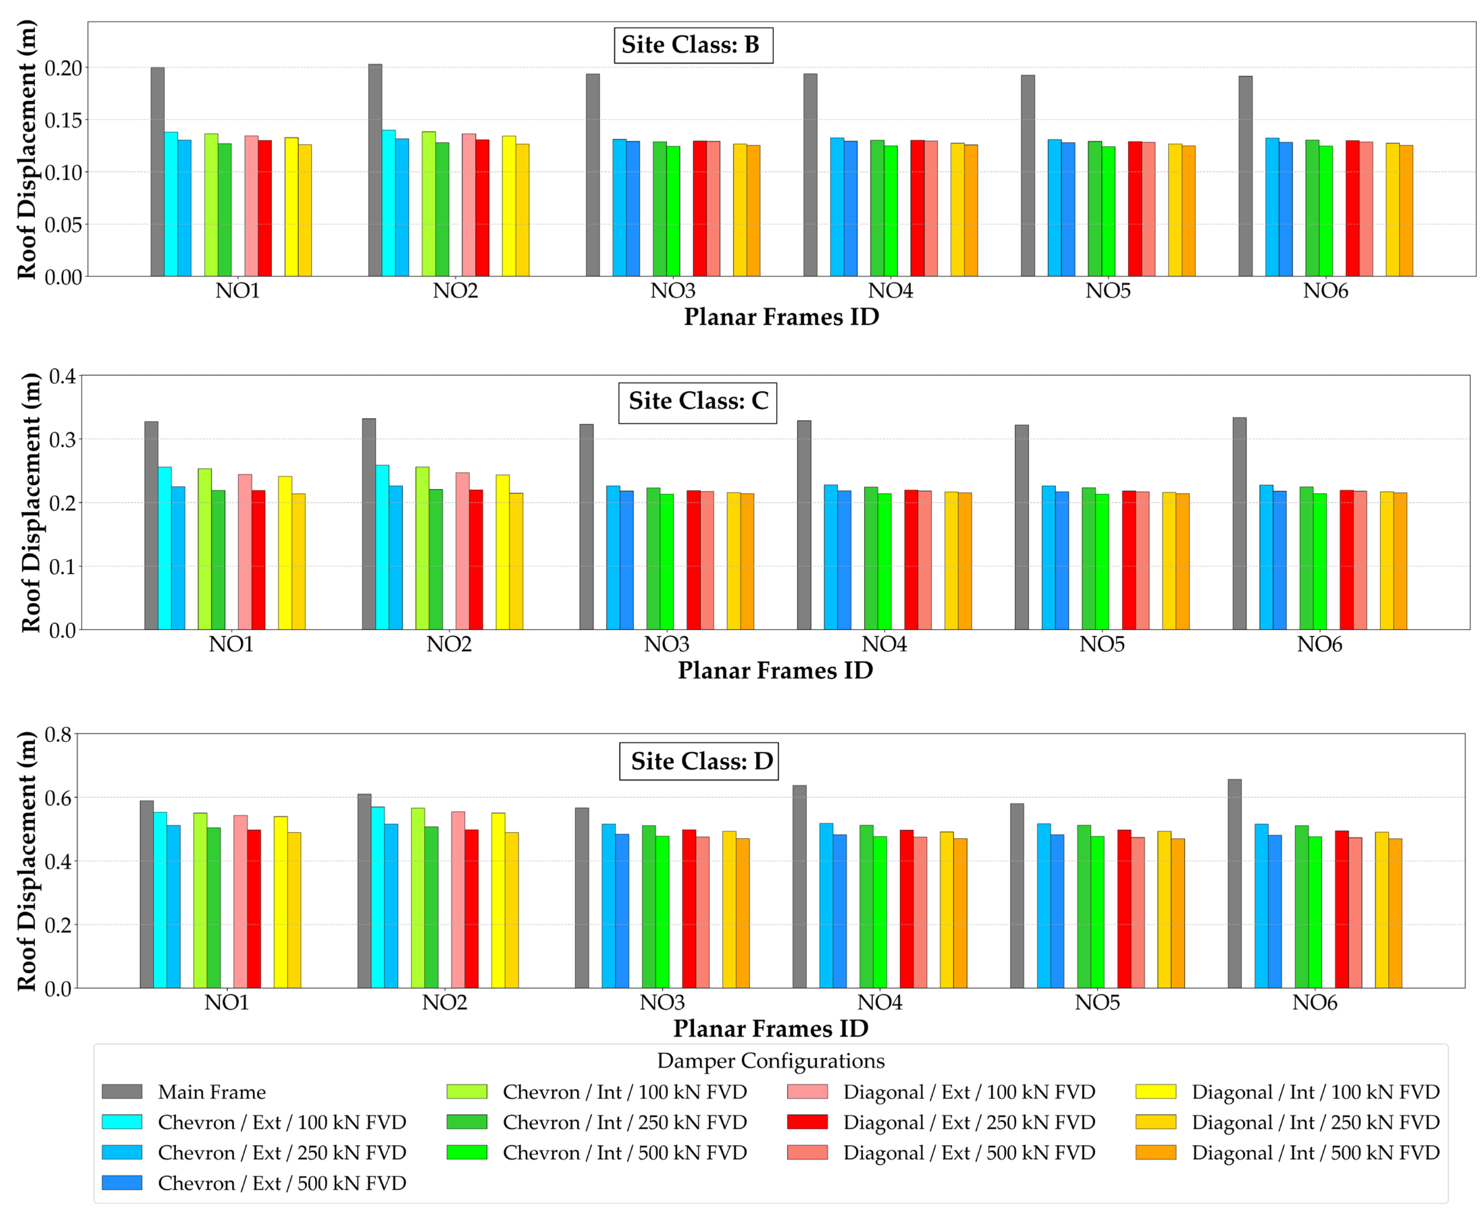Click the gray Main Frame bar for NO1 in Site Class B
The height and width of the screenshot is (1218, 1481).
click(157, 172)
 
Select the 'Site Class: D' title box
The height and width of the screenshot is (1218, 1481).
click(699, 761)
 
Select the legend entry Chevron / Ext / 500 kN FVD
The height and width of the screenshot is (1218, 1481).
click(254, 1184)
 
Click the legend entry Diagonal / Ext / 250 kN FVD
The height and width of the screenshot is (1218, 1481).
click(941, 1122)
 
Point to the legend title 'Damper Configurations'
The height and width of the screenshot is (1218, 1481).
click(771, 1061)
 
